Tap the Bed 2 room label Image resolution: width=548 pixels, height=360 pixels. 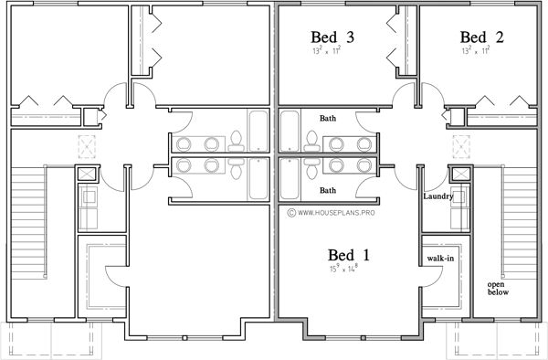pos(481,37)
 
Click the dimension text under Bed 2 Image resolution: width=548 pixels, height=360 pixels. pos(481,52)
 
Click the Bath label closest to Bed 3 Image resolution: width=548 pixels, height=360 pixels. pos(330,119)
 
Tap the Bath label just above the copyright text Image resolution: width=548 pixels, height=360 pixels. pos(330,190)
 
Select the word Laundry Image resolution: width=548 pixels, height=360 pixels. pos(439,196)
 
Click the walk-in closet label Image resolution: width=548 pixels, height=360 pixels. pos(440,259)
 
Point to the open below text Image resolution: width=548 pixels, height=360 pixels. pos(498,288)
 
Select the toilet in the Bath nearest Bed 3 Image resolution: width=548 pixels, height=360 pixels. pos(311,139)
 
